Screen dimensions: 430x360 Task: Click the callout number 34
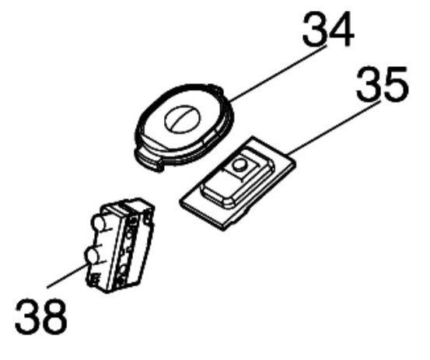coord(328,30)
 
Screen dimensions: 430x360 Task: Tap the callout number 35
coord(383,84)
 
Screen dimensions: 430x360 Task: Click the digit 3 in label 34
coord(315,30)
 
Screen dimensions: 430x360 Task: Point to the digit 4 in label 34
coord(342,30)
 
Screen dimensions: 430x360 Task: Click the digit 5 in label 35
coord(397,84)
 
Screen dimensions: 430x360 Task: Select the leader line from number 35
coord(334,128)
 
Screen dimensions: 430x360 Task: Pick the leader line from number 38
coord(67,275)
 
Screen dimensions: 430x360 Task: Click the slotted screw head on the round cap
coord(183,118)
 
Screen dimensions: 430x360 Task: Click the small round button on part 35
coord(239,166)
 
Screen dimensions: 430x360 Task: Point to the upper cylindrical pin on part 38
coord(100,222)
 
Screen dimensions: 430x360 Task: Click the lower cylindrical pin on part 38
coord(92,257)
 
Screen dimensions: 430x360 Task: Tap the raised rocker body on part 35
coord(237,178)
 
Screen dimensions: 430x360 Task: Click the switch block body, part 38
coord(120,246)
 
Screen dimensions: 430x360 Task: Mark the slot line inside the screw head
coord(183,118)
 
